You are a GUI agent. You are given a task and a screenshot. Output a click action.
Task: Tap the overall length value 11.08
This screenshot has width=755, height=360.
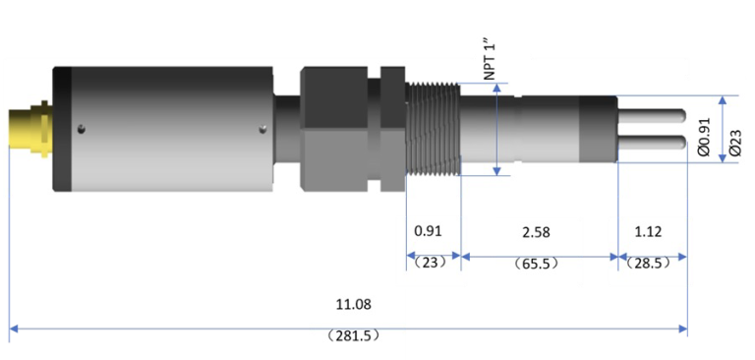[354, 305]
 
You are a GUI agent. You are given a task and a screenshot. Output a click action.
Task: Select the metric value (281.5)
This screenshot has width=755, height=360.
[353, 335]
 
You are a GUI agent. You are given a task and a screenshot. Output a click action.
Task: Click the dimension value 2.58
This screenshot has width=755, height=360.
[536, 232]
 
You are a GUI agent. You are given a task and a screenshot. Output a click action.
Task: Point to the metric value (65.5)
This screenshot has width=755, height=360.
[536, 264]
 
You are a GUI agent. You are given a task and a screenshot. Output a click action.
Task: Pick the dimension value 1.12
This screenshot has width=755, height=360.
[648, 232]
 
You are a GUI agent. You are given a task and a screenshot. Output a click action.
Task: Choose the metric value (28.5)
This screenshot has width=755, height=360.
[649, 264]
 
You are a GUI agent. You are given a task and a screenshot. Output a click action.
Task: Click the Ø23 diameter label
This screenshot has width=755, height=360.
[735, 144]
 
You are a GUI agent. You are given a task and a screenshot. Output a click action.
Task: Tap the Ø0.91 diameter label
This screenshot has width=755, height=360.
[704, 138]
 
